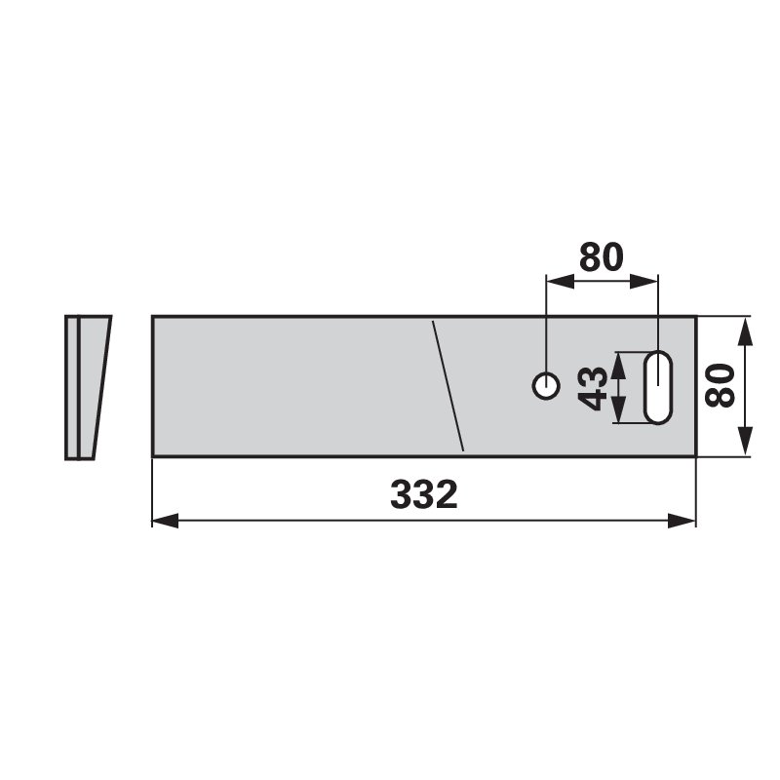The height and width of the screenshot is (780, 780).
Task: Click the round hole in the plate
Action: click(546, 386)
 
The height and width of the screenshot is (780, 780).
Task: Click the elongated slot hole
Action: click(658, 387)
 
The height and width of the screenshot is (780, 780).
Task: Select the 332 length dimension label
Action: click(424, 495)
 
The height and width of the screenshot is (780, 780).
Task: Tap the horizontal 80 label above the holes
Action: click(601, 257)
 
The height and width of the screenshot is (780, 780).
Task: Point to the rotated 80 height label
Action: click(721, 386)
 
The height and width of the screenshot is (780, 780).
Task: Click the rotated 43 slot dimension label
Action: click(593, 388)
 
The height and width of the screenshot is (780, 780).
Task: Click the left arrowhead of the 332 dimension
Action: click(165, 521)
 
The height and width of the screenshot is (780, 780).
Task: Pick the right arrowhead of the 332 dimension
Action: click(682, 521)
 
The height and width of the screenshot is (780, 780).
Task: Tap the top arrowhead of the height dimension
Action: click(745, 331)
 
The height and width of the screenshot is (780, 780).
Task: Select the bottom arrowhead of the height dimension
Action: click(745, 443)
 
